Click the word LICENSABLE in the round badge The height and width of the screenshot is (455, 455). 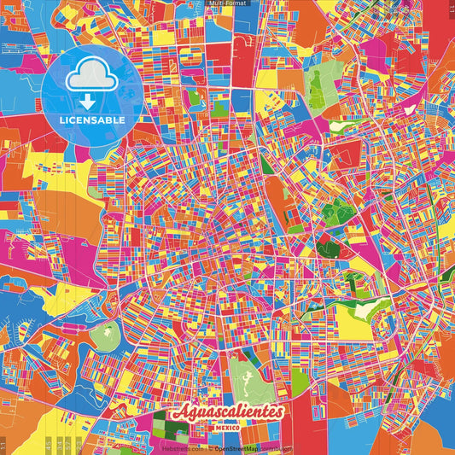coord(92,120)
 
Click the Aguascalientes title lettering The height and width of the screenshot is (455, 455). coord(226,412)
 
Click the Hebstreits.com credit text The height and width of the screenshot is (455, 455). coord(183,447)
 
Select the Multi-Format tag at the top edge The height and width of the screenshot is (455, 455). coord(227,3)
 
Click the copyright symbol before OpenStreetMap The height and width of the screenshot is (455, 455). coord(210,447)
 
